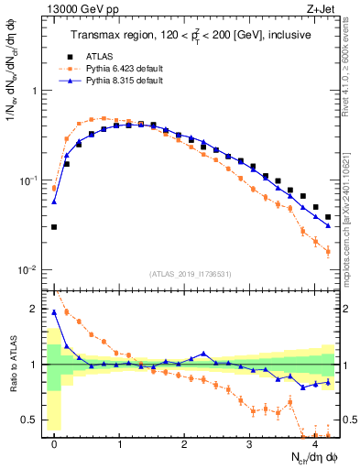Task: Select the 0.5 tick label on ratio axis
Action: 31,420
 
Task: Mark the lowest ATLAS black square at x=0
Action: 54,226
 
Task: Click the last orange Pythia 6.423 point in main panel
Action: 328,251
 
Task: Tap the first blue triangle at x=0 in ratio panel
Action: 54,312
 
